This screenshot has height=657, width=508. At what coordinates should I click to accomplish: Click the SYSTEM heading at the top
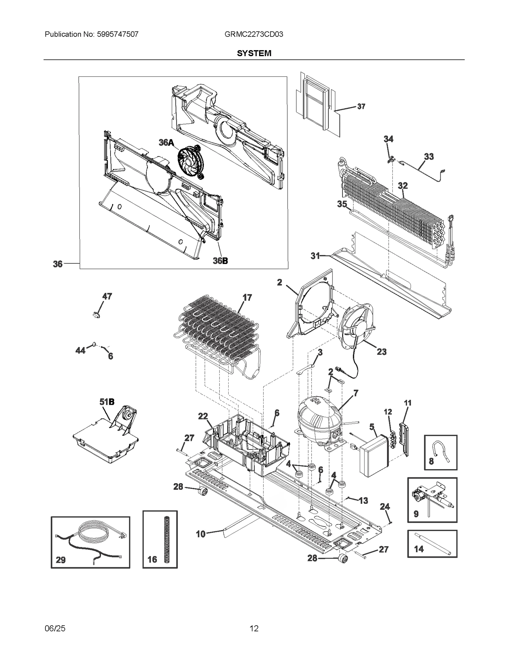point(254,53)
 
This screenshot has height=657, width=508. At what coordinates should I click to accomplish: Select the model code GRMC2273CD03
point(254,34)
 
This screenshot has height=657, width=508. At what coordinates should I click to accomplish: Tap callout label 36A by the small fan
point(166,143)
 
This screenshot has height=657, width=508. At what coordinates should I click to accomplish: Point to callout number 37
point(361,107)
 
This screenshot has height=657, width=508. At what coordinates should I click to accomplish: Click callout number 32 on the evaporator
point(403,186)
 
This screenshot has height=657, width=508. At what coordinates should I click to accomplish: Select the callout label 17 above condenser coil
point(247,298)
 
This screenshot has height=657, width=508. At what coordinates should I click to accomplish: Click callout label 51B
point(107,402)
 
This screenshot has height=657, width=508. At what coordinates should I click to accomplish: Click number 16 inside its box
point(152,559)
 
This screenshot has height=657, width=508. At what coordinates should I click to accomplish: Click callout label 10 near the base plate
point(200,534)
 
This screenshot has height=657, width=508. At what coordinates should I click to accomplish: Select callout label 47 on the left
point(107,296)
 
